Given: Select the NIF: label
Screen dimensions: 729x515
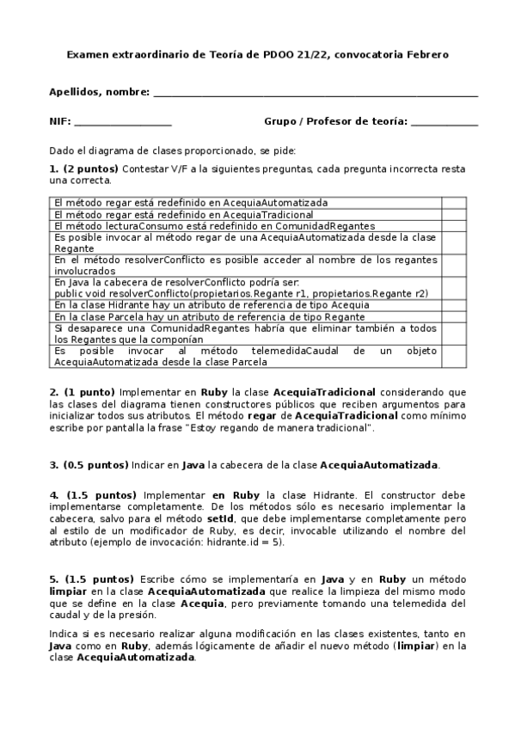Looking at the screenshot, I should point(60,121).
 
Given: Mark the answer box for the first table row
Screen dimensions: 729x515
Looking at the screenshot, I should point(453,203).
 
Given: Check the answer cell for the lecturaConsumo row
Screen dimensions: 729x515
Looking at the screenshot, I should point(453,225).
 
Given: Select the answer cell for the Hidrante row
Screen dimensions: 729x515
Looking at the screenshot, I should point(453,304).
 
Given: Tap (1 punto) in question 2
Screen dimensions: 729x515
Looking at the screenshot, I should point(87,391).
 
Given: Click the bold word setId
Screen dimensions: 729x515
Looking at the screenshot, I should point(221,518).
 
